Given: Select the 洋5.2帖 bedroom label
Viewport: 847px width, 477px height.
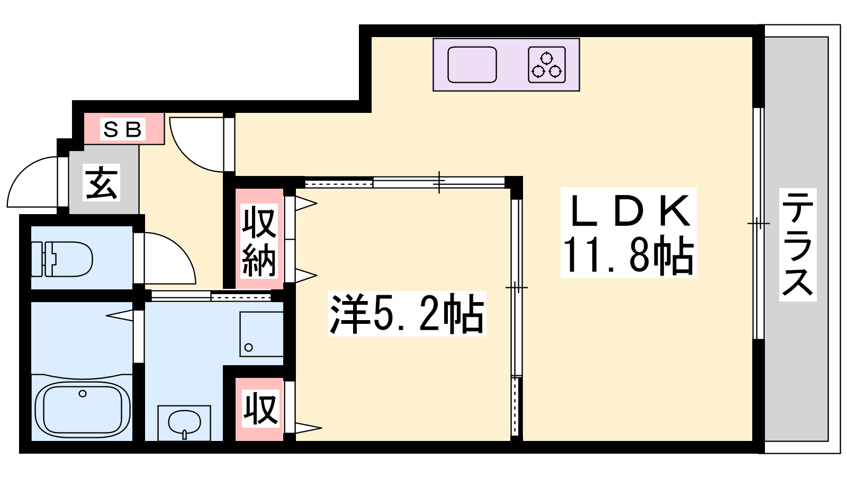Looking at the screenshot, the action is [x=407, y=314].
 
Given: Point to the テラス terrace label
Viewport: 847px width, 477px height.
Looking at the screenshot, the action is [x=798, y=244].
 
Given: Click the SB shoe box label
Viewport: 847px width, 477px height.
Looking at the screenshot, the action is [x=122, y=129].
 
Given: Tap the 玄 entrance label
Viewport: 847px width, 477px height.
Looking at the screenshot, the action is [x=101, y=182].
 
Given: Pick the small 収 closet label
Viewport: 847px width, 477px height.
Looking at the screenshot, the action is [x=260, y=409].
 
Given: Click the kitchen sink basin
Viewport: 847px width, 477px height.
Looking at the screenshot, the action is [x=472, y=64].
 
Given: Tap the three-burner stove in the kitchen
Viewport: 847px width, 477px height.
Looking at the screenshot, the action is [x=547, y=64].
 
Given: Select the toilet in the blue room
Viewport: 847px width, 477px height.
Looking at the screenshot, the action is [x=62, y=259].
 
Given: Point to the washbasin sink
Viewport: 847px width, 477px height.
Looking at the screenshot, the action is [x=184, y=422].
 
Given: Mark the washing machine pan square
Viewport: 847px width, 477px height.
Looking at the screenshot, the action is [x=262, y=334].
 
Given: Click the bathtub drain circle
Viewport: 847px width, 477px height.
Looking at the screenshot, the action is [x=83, y=394].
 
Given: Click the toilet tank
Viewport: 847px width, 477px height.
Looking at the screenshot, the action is [x=38, y=259].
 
